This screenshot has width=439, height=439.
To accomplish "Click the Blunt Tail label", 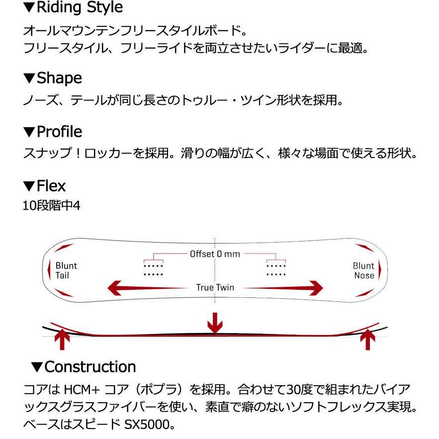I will pos(66,270).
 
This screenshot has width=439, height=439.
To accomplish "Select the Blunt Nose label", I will pos(363,270).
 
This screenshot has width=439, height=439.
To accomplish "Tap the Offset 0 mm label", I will pos(215,254).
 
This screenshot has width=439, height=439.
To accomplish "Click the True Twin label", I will pos(215,287).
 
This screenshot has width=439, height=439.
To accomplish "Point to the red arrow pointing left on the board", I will pos(144,287).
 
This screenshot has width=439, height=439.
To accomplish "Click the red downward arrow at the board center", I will pos(215,323).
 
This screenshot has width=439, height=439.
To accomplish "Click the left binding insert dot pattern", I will pos(153,269).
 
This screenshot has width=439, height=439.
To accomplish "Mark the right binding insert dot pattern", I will pos(276,269).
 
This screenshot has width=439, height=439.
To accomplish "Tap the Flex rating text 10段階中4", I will pos(51,205).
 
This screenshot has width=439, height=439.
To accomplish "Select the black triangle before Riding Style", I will pos(29,8).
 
